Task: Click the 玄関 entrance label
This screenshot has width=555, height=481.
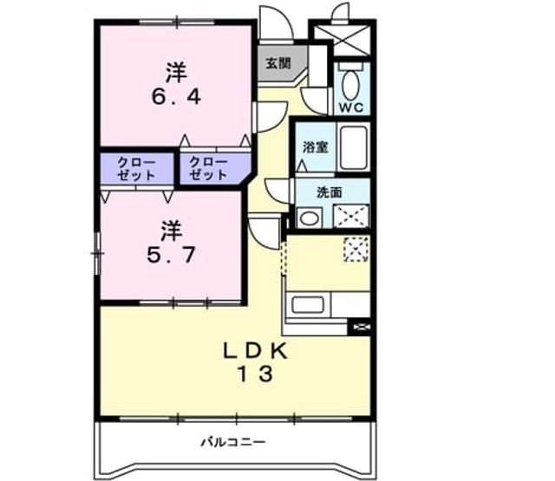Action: pyautogui.click(x=278, y=63)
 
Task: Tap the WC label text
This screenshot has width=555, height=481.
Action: pyautogui.click(x=350, y=107)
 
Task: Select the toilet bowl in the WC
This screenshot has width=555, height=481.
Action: pyautogui.click(x=350, y=85)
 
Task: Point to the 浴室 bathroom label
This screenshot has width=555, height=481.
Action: pyautogui.click(x=316, y=147)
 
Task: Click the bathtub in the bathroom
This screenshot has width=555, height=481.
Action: pyautogui.click(x=353, y=146)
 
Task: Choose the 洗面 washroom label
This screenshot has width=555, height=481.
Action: pyautogui.click(x=330, y=192)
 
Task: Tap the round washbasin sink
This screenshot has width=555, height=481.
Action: pyautogui.click(x=309, y=218)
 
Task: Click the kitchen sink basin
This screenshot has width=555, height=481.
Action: pyautogui.click(x=308, y=305)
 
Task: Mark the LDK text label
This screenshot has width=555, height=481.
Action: pyautogui.click(x=255, y=351)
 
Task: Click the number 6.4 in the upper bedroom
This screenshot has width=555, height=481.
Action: pyautogui.click(x=176, y=96)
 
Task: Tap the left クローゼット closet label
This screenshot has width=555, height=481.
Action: pyautogui.click(x=136, y=169)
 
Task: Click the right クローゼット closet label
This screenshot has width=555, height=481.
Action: pyautogui.click(x=208, y=168)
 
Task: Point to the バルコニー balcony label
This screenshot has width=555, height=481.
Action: pyautogui.click(x=233, y=442)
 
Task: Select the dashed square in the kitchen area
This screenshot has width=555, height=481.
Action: pyautogui.click(x=356, y=250)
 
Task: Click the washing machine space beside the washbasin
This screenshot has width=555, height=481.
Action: pyautogui.click(x=351, y=216)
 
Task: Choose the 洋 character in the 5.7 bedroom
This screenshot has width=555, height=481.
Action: pyautogui.click(x=172, y=231)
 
